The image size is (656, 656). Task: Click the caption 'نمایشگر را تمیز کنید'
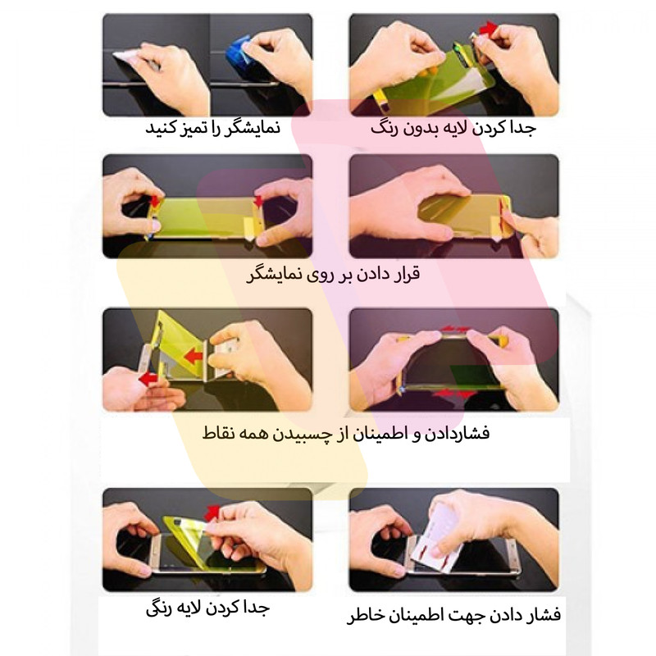tap(213, 128)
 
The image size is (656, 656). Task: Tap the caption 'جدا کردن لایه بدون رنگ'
tap(453, 128)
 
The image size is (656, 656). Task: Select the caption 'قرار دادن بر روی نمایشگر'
tap(333, 275)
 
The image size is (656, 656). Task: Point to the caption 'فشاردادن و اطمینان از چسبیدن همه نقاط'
tap(345, 433)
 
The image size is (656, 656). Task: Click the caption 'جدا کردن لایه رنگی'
tap(207, 608)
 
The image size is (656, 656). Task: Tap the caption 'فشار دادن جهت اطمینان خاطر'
tap(453, 615)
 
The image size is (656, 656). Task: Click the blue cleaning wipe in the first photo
tap(239, 52)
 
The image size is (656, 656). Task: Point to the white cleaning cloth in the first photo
tap(128, 56)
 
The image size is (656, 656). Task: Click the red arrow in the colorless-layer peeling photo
tap(488, 29)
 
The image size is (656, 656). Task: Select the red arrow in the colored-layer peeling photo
tap(213, 512)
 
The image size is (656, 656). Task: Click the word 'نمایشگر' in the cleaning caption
tap(253, 128)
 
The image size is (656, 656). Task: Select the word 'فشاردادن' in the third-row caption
tap(457, 433)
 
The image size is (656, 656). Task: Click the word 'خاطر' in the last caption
tap(363, 615)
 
